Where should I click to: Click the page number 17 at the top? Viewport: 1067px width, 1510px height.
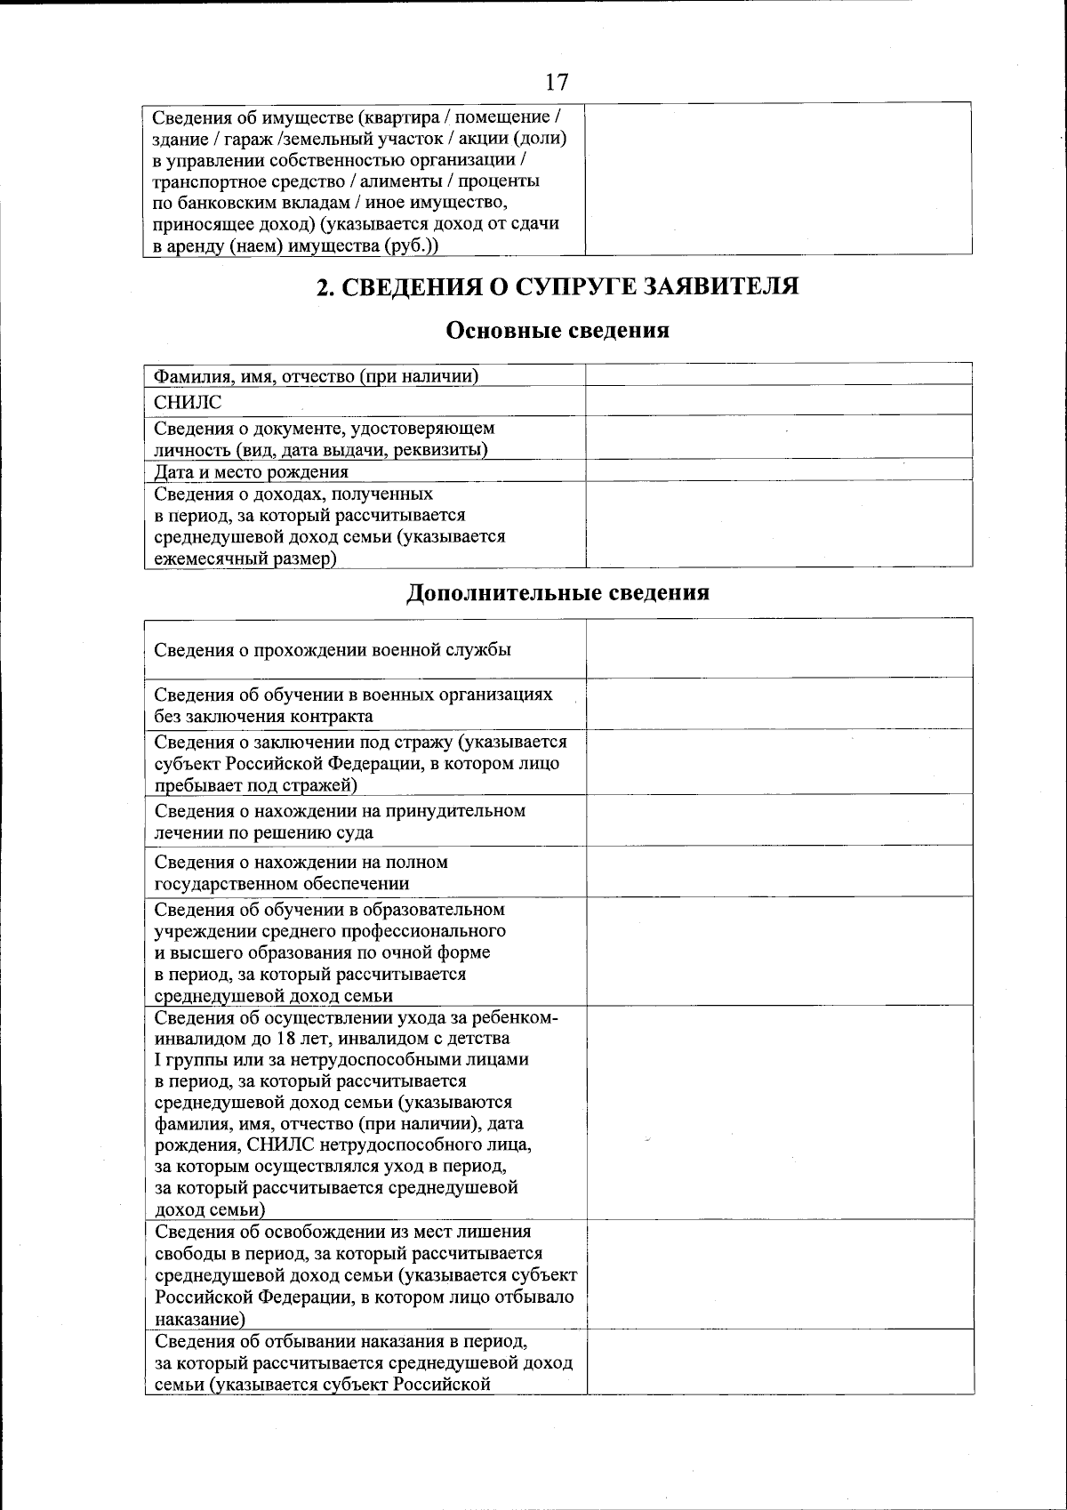(557, 83)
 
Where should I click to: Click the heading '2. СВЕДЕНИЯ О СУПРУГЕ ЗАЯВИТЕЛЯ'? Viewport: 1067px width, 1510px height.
(558, 286)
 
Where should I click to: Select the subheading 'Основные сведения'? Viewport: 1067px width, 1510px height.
(557, 331)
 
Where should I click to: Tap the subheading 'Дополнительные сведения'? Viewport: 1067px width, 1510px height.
(558, 592)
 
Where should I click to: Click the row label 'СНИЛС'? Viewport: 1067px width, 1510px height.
(188, 403)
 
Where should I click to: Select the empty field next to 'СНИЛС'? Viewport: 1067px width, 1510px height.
(779, 401)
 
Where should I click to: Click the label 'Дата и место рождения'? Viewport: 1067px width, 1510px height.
(252, 471)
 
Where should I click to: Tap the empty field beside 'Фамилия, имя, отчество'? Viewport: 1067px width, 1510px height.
(779, 374)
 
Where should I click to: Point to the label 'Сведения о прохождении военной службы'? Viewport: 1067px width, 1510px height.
(333, 650)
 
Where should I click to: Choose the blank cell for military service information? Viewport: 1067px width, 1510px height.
(779, 649)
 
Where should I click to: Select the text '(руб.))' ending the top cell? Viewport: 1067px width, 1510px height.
(412, 245)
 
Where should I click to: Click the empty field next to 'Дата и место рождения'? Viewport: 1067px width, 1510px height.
(779, 470)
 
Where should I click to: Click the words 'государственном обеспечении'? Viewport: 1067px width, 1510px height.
(282, 884)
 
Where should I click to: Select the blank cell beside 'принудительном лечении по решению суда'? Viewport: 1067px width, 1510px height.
(779, 821)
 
